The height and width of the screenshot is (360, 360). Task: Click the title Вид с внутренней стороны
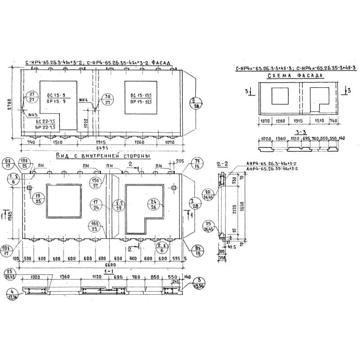tap(103, 156)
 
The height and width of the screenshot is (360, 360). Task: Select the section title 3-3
tap(295, 132)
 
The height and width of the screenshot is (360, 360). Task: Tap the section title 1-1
tap(108, 272)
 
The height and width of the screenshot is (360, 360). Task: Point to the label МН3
tap(32, 115)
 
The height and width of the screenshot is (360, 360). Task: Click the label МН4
tap(84, 100)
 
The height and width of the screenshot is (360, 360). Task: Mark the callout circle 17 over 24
tap(96, 205)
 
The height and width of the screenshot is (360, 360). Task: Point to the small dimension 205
tap(180, 161)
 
